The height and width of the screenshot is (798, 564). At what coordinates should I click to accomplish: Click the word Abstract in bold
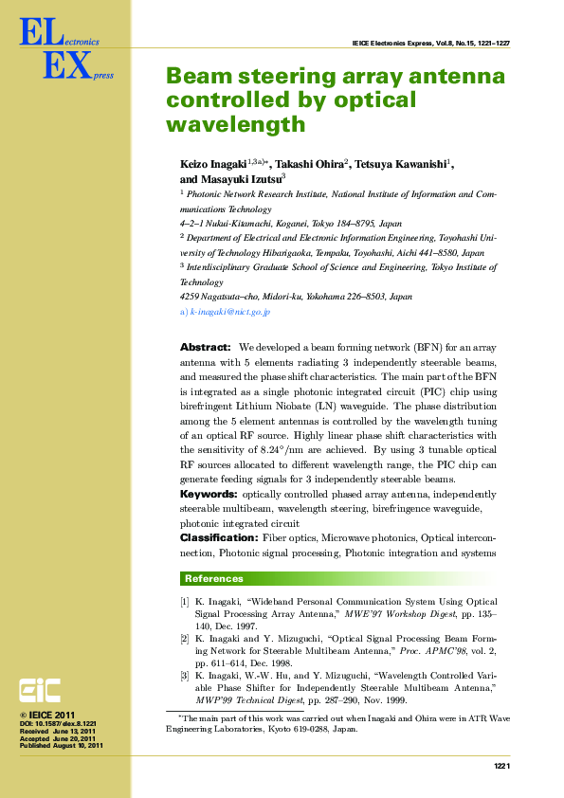[205, 348]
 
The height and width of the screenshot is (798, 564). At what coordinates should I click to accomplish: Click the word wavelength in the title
[236, 124]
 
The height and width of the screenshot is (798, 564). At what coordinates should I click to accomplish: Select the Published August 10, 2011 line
[61, 747]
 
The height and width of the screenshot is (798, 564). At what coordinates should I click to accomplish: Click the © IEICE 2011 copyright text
[46, 715]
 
